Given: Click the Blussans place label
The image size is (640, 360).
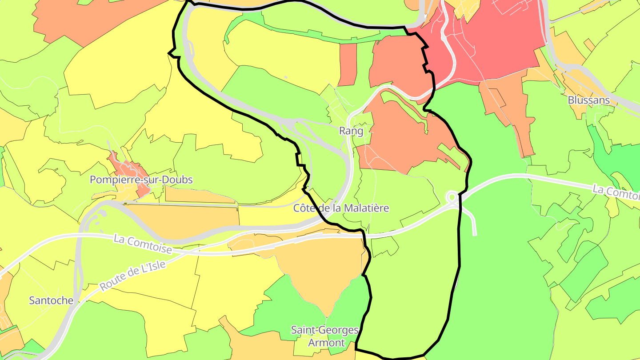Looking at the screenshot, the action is coord(588,100).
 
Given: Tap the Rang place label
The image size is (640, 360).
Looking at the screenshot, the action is coord(351,131).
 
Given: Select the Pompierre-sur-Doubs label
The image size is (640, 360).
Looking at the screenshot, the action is coord(141,180).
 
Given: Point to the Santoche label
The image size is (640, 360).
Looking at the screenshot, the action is coord(51,300).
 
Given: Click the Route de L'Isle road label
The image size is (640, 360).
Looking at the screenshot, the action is coord(132,276).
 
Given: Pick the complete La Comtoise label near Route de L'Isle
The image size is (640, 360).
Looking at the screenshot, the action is coord(143,244).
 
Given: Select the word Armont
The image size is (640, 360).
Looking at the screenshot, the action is coord(326,343).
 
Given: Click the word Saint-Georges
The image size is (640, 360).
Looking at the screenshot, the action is coord(324,330).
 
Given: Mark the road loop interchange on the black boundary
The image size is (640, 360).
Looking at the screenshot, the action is coord(452,197).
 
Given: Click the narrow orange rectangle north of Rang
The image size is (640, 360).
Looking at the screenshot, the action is coord(348,64).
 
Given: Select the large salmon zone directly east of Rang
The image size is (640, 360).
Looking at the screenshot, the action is coord(400,133).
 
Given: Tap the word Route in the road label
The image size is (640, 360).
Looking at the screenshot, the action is coord(111,284).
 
